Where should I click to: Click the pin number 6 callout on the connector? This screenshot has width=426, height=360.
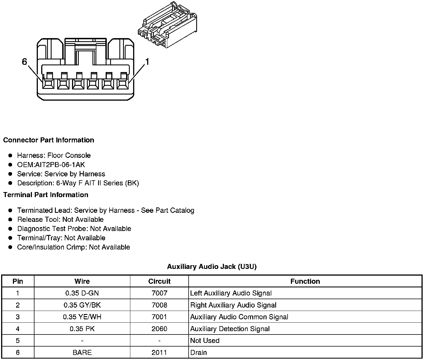pos(24,62)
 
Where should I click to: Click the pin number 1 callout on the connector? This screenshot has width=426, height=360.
pos(147,62)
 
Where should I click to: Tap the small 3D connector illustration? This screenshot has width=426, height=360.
pos(168,25)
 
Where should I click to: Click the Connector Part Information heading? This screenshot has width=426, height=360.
pos(48,140)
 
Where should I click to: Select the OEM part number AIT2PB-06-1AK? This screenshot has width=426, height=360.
pos(51,165)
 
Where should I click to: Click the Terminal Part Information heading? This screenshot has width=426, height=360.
pos(46,195)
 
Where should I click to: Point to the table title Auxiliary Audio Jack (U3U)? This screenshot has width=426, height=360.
pos(212,267)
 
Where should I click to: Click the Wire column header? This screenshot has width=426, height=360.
pos(82,281)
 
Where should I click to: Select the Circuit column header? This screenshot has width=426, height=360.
pos(159,281)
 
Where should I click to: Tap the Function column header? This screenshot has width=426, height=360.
pos(305,281)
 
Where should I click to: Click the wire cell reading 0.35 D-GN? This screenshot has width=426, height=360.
pos(82,293)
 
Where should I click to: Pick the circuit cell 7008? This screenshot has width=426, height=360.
pos(159,305)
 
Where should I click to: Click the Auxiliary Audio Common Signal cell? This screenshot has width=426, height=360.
pos(239,317)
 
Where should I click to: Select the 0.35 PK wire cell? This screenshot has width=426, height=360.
pos(82,329)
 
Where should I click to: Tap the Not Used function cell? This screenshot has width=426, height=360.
pos(205,341)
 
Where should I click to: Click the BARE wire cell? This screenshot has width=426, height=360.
pos(82,353)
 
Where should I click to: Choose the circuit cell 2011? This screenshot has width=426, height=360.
pos(159,353)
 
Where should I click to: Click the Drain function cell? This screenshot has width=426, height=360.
pos(198,353)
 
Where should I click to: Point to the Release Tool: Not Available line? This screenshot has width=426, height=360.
pos(60,220)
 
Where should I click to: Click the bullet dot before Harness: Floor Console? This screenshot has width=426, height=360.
pos(10,156)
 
